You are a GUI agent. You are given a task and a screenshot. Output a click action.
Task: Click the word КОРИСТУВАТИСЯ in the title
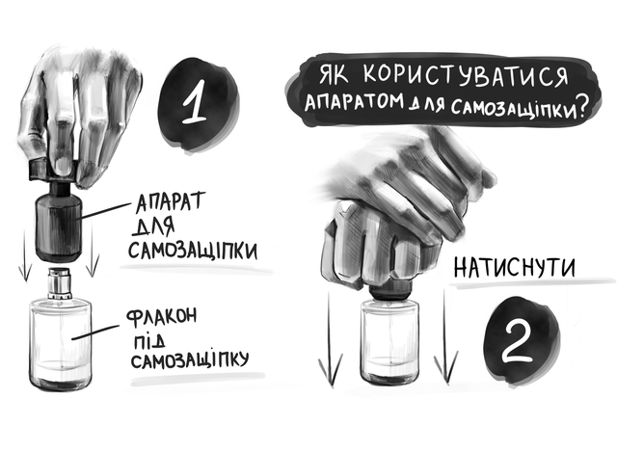click(466, 75)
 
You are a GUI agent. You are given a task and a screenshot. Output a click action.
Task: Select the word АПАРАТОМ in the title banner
click(354, 100)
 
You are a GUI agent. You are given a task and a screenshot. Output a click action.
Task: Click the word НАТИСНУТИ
click(514, 268)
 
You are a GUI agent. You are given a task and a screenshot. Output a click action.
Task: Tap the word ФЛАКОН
click(161, 317)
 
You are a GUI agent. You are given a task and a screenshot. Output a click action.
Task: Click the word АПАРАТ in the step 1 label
click(171, 202)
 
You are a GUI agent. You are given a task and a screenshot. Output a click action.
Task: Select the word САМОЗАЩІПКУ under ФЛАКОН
click(190, 359)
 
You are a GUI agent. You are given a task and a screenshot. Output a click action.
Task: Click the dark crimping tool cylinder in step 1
click(59, 227)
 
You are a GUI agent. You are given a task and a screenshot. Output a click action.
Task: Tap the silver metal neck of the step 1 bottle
click(60, 283)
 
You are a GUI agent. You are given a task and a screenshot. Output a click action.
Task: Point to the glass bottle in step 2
click(389, 341)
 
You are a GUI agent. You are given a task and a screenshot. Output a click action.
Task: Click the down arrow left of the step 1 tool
click(25, 255)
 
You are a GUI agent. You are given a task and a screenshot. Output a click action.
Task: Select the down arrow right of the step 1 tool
click(93, 251)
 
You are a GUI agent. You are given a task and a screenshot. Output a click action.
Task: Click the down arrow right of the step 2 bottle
click(445, 337)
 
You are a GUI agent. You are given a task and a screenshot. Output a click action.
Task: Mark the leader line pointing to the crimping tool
click(105, 210)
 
